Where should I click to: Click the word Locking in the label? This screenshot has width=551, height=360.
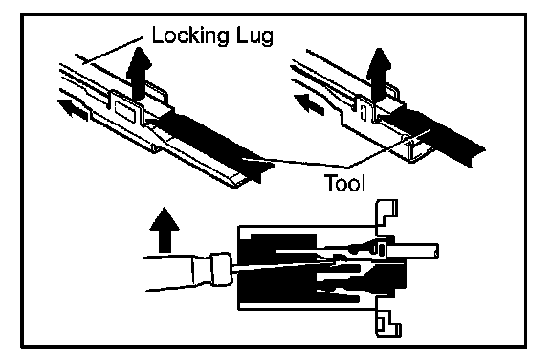click(189, 36)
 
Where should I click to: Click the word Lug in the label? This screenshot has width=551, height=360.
click(254, 36)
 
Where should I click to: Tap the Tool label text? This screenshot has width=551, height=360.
click(344, 183)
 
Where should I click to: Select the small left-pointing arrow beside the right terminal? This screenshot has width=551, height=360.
click(309, 103)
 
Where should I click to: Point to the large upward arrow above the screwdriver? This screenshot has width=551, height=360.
click(165, 230)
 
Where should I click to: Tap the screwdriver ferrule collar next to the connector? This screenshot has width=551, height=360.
click(221, 269)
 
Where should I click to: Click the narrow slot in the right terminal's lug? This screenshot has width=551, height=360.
click(364, 114)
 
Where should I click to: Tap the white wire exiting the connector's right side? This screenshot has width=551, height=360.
click(412, 252)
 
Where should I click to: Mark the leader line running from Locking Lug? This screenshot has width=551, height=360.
click(112, 51)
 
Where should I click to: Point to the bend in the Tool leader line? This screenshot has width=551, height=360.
click(347, 166)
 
